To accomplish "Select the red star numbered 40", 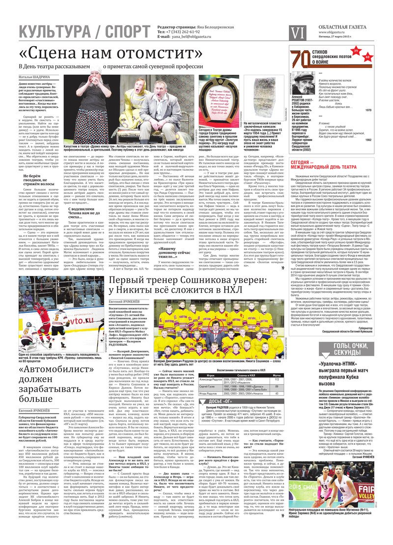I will (x=367, y=58).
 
